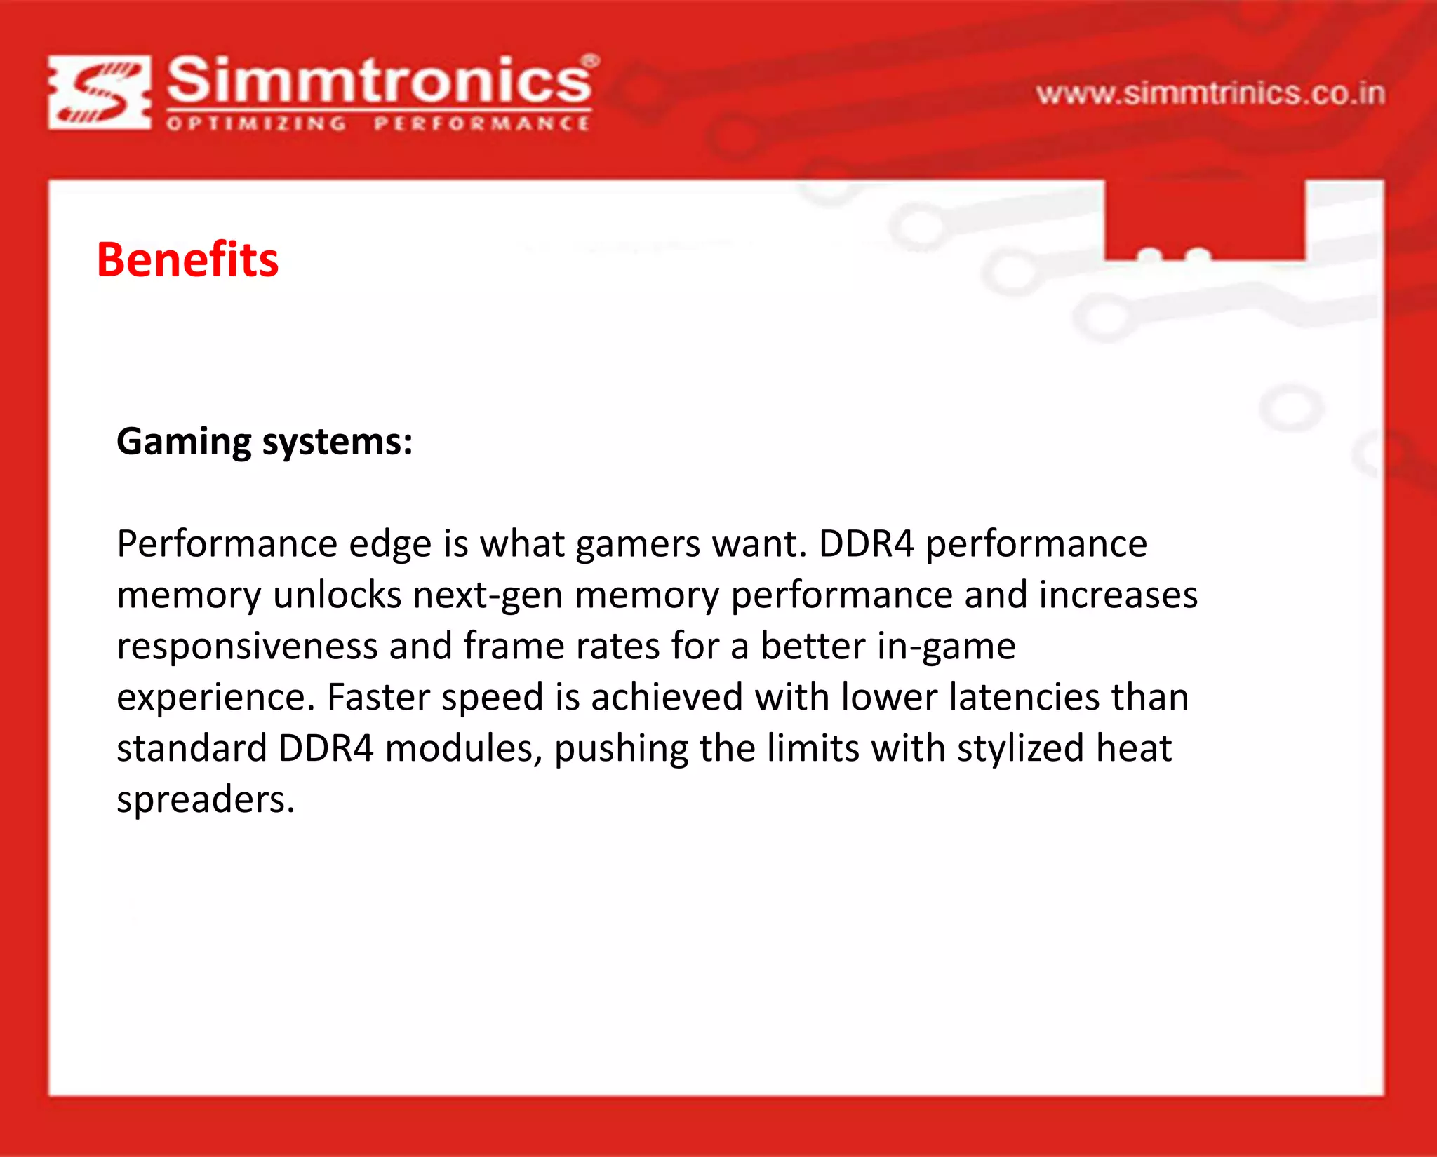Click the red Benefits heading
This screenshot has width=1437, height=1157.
[187, 259]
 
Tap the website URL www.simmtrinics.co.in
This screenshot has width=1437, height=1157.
[1210, 94]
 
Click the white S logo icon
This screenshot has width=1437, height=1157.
[100, 93]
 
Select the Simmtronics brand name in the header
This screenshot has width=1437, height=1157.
[379, 80]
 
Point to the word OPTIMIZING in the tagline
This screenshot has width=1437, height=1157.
[257, 124]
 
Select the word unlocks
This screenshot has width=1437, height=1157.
[337, 595]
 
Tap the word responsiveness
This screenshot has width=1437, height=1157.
[247, 647]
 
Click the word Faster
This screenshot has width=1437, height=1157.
[378, 698]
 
